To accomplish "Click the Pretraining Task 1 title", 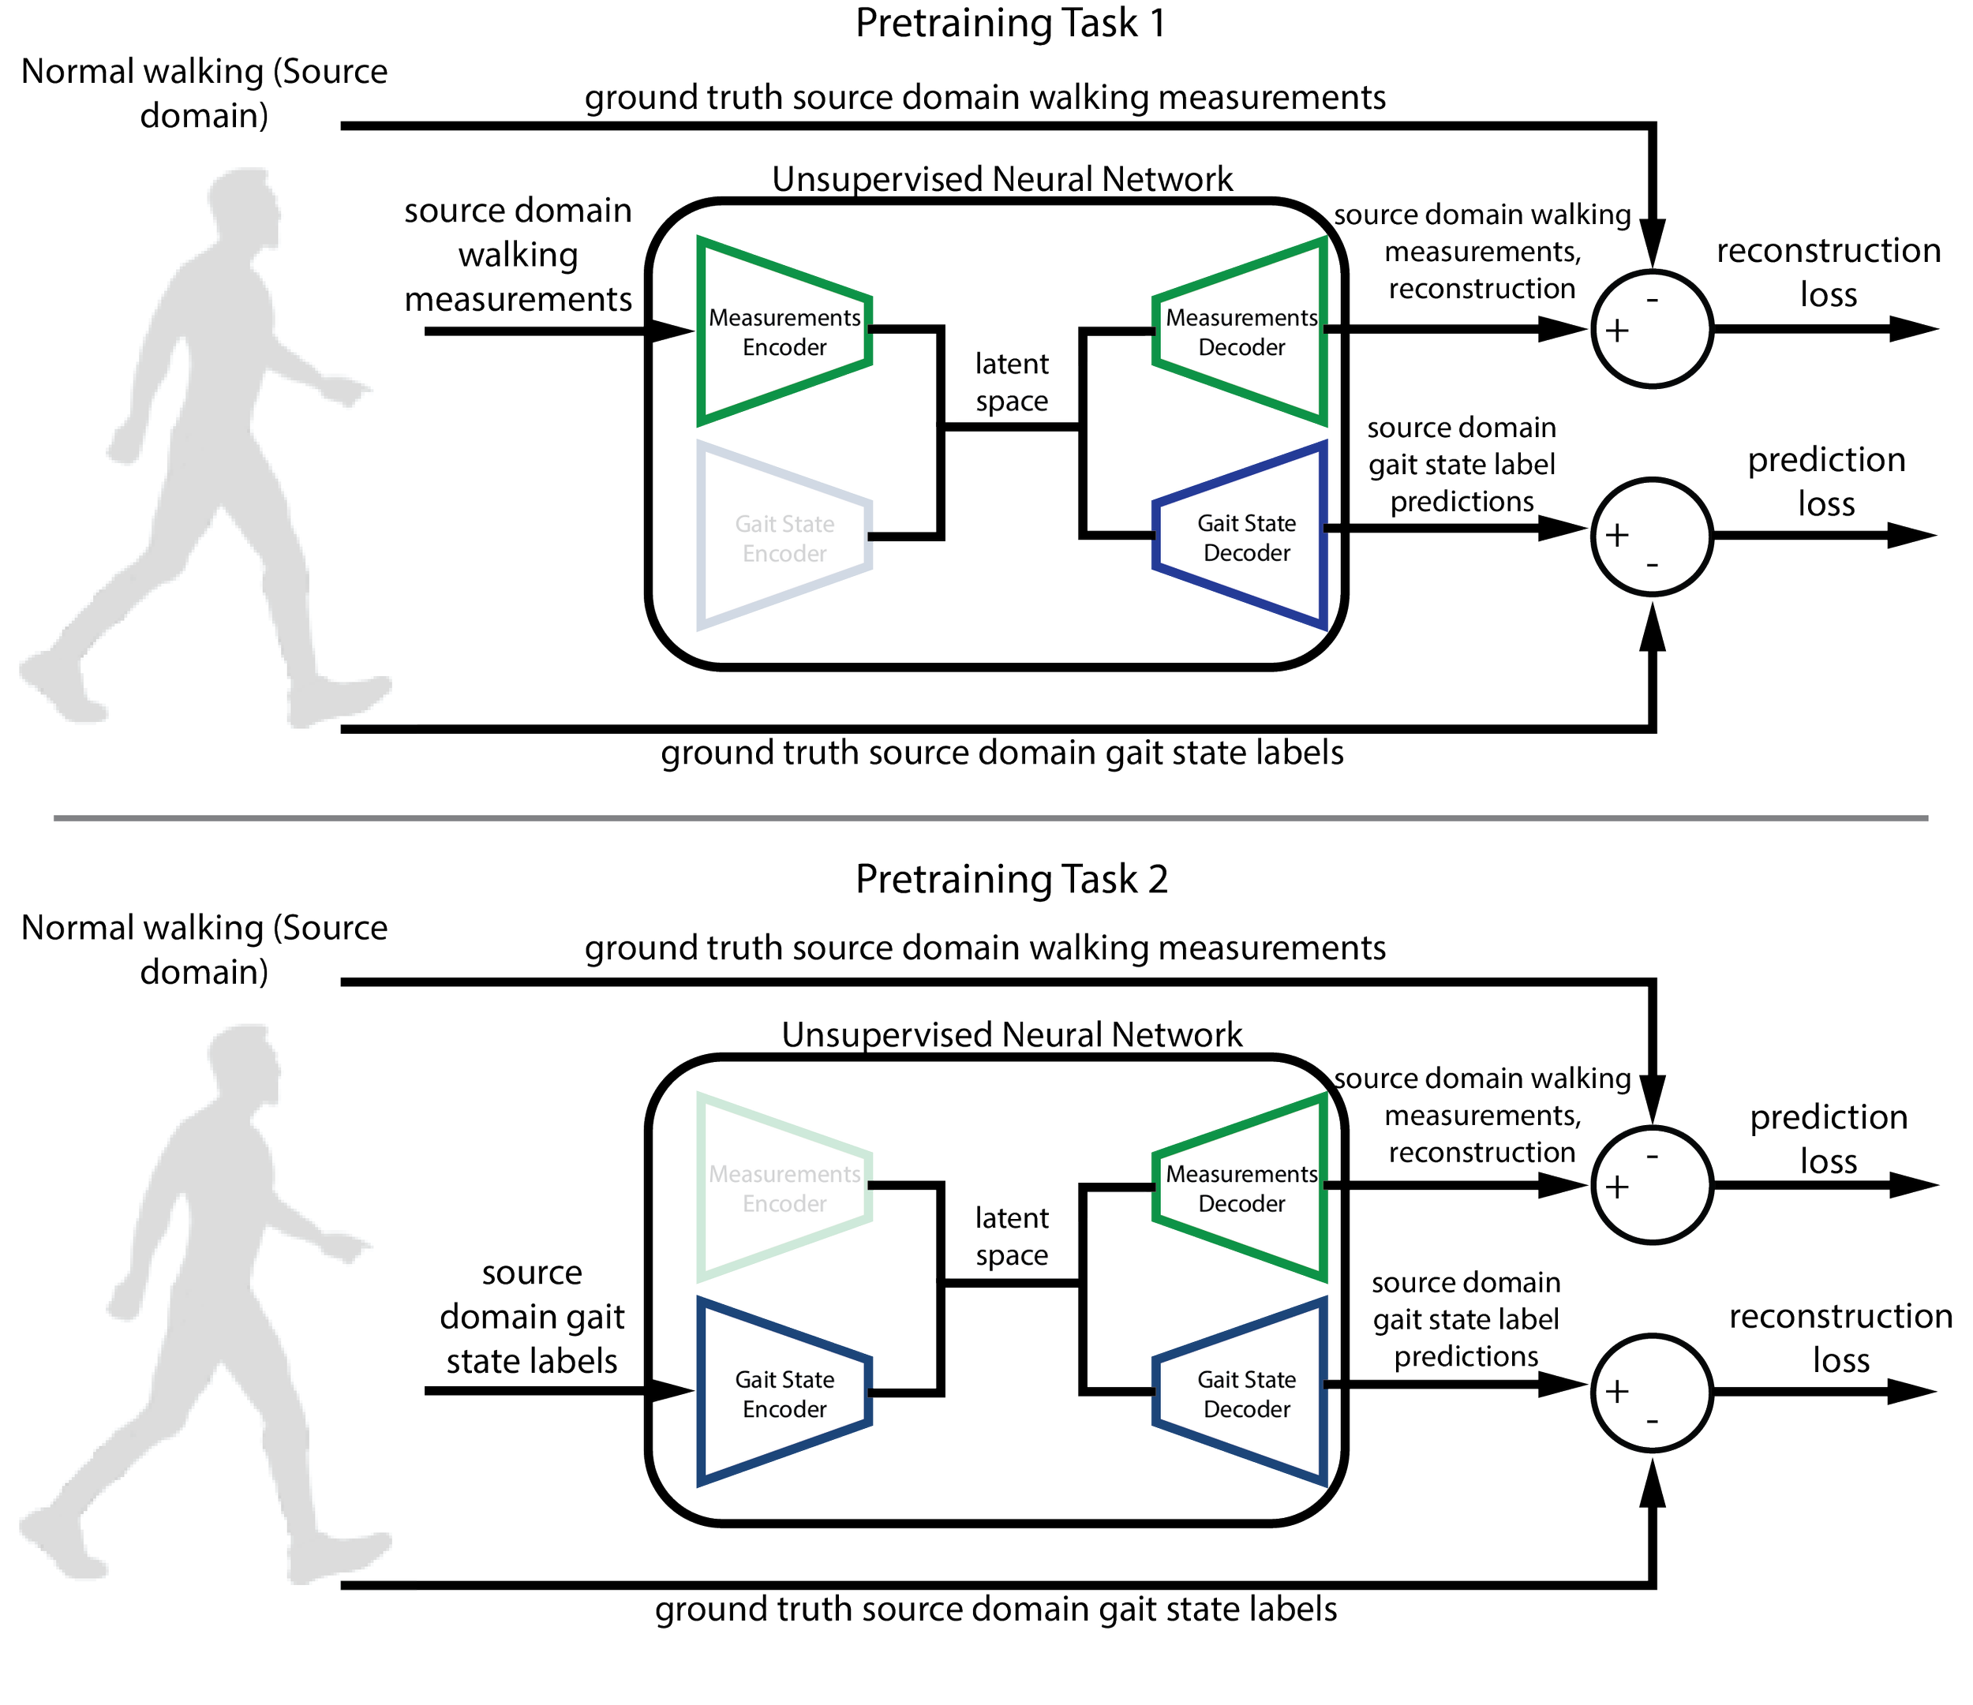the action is coord(1009,23).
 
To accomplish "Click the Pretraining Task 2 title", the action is coord(1011,879).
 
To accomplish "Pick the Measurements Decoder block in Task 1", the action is coord(1241,331).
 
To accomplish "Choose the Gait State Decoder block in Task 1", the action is coord(1245,538).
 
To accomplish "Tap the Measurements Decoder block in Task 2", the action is coord(1241,1188).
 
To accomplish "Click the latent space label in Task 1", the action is coord(1011,383).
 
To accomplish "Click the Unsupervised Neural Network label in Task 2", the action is coord(1011,1035).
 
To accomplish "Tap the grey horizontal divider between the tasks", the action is coord(990,817).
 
